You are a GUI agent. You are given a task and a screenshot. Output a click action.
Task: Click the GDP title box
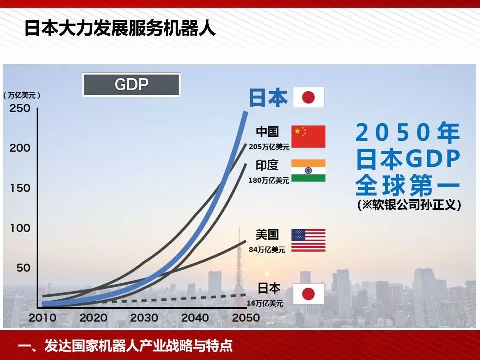click(x=131, y=84)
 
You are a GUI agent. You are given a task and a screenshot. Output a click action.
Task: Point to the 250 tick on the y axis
click(x=20, y=108)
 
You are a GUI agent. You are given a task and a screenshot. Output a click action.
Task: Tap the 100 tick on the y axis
click(x=20, y=228)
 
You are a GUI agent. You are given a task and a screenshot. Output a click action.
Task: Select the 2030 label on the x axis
click(x=144, y=318)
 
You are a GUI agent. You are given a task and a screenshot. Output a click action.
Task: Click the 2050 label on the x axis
click(x=246, y=318)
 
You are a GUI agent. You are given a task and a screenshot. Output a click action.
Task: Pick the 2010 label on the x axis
click(x=42, y=318)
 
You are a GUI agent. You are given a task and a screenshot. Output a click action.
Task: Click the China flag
click(x=308, y=136)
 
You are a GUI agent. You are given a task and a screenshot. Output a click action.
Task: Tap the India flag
click(x=308, y=170)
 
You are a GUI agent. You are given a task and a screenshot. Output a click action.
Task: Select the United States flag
click(x=308, y=240)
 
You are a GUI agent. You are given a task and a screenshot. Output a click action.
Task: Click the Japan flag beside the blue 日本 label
click(x=308, y=97)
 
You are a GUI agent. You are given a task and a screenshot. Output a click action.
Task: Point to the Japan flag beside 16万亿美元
click(x=308, y=294)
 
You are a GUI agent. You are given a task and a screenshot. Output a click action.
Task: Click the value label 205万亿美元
click(x=269, y=147)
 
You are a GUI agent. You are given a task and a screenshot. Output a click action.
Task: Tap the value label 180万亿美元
click(x=269, y=180)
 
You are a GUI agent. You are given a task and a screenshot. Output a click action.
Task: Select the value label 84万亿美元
click(x=267, y=250)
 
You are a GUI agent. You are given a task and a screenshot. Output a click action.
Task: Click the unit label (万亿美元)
click(x=22, y=95)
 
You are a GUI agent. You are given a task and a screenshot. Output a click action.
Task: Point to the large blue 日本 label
click(x=268, y=98)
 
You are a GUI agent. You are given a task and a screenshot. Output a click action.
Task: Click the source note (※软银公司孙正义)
click(x=409, y=205)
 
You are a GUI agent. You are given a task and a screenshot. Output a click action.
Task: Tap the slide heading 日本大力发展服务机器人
click(x=120, y=29)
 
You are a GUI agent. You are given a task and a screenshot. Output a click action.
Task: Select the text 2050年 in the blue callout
click(x=408, y=133)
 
